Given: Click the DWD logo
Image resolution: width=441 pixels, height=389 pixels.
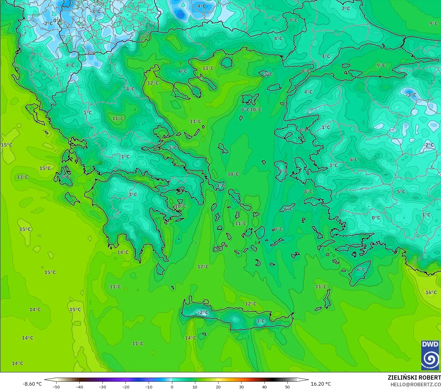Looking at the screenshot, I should [430, 355].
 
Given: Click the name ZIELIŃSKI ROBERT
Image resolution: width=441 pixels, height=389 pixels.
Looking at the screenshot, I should [414, 378].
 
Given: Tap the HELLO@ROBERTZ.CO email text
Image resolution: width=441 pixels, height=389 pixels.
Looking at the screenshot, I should [415, 384].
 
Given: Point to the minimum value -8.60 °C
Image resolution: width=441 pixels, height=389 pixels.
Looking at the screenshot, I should [32, 384].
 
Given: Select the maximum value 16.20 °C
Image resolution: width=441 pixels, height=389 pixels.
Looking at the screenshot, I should [321, 384].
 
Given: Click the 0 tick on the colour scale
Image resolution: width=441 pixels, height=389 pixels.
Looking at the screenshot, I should [172, 387].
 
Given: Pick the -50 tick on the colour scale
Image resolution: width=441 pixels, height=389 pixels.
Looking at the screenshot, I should [56, 387].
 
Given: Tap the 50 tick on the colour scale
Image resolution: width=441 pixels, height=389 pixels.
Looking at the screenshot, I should [287, 387].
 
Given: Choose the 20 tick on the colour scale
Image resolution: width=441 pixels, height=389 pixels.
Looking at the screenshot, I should [218, 387].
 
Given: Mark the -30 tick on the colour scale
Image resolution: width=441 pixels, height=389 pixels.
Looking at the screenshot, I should [102, 387].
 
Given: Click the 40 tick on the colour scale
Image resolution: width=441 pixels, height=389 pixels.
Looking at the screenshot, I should [264, 387].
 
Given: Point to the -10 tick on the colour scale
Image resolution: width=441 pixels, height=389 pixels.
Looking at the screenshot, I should [148, 387].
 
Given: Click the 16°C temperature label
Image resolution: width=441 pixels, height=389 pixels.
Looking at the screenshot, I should [431, 292].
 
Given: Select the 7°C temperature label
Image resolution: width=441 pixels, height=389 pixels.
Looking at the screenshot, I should [293, 21].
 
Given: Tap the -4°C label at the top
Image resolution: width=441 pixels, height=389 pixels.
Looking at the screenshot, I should [200, 6].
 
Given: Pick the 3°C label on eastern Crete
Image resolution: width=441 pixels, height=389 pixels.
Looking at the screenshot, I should [261, 321].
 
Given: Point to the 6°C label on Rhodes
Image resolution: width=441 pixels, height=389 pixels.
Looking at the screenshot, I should [361, 270].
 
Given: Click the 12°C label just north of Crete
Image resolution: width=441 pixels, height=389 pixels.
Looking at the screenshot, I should [251, 304].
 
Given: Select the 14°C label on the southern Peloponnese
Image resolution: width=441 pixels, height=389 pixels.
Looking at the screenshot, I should [123, 252].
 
